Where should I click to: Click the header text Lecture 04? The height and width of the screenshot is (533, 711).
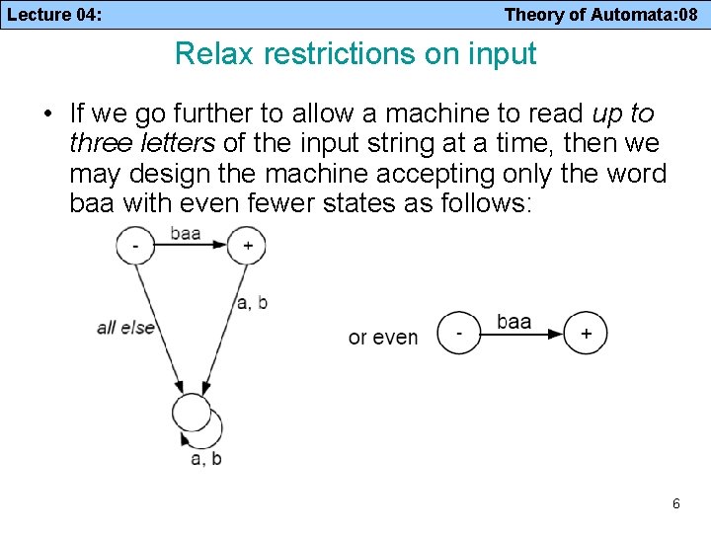[x=57, y=15]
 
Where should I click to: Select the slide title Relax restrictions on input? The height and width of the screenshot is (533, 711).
[x=355, y=53]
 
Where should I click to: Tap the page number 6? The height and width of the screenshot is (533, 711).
[x=675, y=503]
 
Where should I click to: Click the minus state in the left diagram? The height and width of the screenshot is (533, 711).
[x=135, y=245]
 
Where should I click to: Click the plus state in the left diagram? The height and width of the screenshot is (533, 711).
[x=247, y=245]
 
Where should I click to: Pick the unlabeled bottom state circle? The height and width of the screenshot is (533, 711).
[x=192, y=413]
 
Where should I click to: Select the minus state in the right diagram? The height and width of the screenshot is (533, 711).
[x=457, y=334]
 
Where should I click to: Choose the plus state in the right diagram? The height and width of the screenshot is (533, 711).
[x=587, y=334]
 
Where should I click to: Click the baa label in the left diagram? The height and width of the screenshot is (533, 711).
[x=187, y=234]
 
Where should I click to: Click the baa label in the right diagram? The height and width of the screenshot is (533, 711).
[x=513, y=322]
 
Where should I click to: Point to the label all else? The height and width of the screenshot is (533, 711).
[x=125, y=327]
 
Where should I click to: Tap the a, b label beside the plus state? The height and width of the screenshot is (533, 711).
[x=252, y=303]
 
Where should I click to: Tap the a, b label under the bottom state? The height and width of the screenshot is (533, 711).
[x=205, y=458]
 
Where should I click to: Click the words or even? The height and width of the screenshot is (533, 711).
[x=383, y=338]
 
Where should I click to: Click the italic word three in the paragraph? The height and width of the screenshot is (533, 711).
[x=94, y=144]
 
